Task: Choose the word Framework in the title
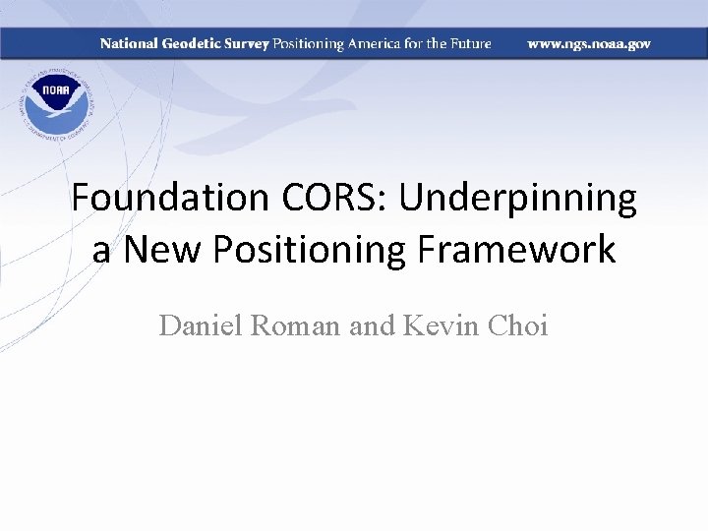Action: pos(524,250)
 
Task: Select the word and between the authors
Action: pos(372,324)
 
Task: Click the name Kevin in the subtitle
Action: pos(440,324)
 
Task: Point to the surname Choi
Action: pos(517,324)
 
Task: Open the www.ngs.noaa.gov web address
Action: pos(589,44)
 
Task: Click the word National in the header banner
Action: pos(128,44)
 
